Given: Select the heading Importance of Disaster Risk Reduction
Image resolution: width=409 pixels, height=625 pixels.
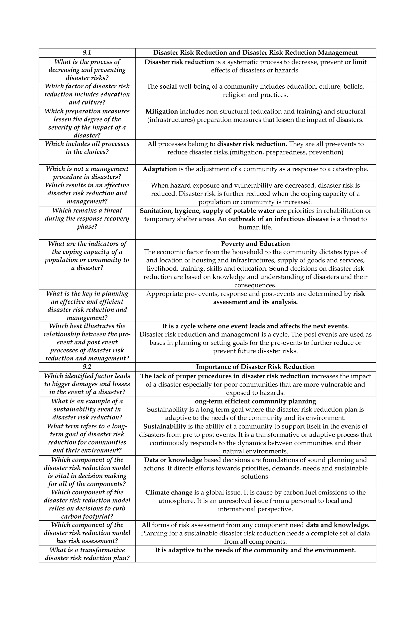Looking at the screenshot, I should tap(255, 367).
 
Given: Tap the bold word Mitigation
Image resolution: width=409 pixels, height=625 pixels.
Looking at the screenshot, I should tap(161, 111).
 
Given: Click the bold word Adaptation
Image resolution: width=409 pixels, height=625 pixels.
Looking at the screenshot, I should tap(160, 169).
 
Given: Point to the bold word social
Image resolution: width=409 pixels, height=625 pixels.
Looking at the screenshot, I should tap(168, 86).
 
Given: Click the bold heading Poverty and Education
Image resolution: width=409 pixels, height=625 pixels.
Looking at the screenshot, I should tap(255, 244).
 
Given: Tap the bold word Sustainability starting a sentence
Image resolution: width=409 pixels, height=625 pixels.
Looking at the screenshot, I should tap(165, 426).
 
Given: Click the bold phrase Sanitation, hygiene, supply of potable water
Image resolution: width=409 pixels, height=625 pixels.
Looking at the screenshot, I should tap(207, 211).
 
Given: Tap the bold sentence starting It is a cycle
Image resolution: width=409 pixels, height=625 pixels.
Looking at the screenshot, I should tap(255, 326).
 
